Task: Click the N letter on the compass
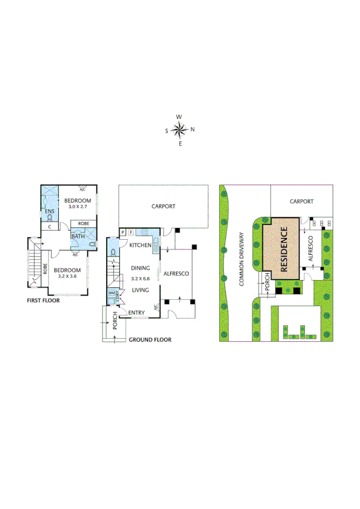[x=192, y=129]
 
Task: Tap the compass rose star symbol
[x=180, y=129]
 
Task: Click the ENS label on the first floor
[x=49, y=212]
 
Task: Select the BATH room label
[x=78, y=236]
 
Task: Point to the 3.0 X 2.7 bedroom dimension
[x=77, y=207]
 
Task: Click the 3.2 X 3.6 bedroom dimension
[x=68, y=278]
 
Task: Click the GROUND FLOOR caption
[x=150, y=339]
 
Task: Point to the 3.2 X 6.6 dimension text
[x=142, y=279]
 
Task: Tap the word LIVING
[x=141, y=290]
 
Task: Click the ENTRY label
[x=137, y=312]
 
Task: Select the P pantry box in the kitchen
[x=123, y=232]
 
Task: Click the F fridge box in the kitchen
[x=131, y=232]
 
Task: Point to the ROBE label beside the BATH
[x=83, y=224]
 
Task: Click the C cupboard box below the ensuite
[x=49, y=227]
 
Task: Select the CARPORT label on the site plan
[x=301, y=202]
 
